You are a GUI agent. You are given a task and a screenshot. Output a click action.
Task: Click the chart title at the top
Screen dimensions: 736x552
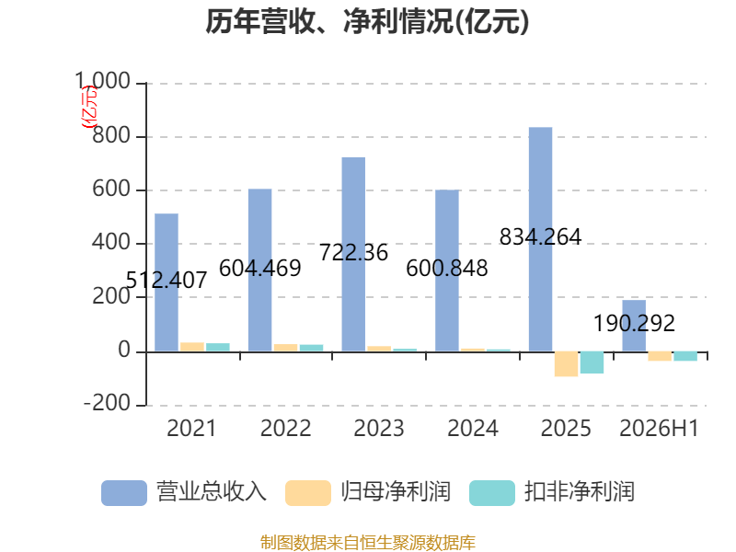coord(367,21)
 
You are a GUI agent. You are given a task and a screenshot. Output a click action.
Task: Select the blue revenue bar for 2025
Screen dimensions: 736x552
coord(540,239)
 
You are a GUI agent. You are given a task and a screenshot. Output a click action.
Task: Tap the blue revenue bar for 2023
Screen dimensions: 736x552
coord(353,254)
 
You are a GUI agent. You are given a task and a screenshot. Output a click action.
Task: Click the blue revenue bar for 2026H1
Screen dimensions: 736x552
coord(634,326)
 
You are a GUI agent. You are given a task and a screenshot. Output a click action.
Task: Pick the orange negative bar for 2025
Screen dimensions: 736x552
coord(566,363)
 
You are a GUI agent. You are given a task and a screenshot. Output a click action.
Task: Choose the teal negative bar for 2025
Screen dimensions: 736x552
coord(592,362)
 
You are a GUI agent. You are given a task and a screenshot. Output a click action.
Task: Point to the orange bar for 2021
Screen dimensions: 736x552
coord(192,347)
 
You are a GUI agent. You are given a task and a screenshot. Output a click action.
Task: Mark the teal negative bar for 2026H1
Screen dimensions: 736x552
coord(685,356)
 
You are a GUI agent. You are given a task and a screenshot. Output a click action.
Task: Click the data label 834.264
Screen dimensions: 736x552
coord(540,236)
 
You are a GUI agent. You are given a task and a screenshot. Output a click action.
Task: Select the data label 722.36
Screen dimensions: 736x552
coord(353,252)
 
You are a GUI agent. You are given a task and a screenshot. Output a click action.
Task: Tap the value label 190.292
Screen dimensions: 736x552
coord(634,323)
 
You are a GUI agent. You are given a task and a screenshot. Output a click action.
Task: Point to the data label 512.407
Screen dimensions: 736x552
coord(167,281)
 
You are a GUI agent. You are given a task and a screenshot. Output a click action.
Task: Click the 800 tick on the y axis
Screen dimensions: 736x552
coord(111,135)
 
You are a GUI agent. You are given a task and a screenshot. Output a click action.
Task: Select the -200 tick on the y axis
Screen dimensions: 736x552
coord(107,403)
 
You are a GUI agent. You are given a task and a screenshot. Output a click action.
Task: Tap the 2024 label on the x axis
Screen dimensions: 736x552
coord(473,428)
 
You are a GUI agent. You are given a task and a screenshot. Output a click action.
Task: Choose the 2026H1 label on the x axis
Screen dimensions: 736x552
coord(659,428)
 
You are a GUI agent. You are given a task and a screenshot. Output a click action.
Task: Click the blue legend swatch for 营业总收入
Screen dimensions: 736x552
coord(124,493)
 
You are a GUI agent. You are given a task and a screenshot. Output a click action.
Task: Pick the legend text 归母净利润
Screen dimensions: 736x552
coord(396,492)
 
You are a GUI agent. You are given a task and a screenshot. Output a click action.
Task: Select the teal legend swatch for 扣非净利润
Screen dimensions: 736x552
coord(492,493)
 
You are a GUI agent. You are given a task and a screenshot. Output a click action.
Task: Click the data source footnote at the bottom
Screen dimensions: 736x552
coord(367,543)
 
